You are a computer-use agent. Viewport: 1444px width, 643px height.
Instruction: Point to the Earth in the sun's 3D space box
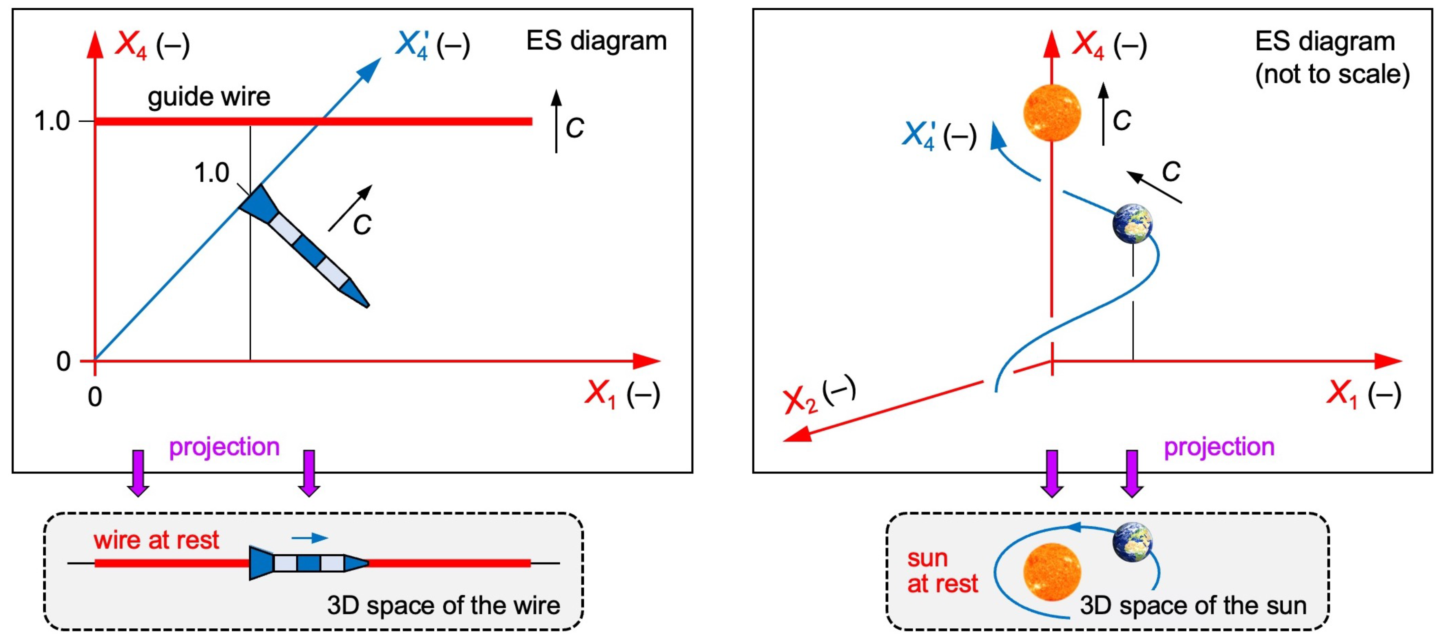coord(1132,542)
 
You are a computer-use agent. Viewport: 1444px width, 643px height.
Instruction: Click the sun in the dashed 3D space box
coord(1052,572)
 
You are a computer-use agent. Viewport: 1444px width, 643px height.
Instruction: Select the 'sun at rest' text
coord(942,571)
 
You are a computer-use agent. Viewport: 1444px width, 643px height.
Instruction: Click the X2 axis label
coord(818,395)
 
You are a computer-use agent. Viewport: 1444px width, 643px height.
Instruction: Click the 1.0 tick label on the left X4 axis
coord(52,121)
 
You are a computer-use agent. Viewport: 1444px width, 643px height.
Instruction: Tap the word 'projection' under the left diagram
coord(224,447)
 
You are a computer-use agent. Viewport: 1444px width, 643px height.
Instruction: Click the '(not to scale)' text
coord(1332,74)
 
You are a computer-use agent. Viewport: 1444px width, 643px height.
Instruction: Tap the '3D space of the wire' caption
coord(443,605)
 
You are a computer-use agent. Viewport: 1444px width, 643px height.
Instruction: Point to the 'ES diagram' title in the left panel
coord(597,41)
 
